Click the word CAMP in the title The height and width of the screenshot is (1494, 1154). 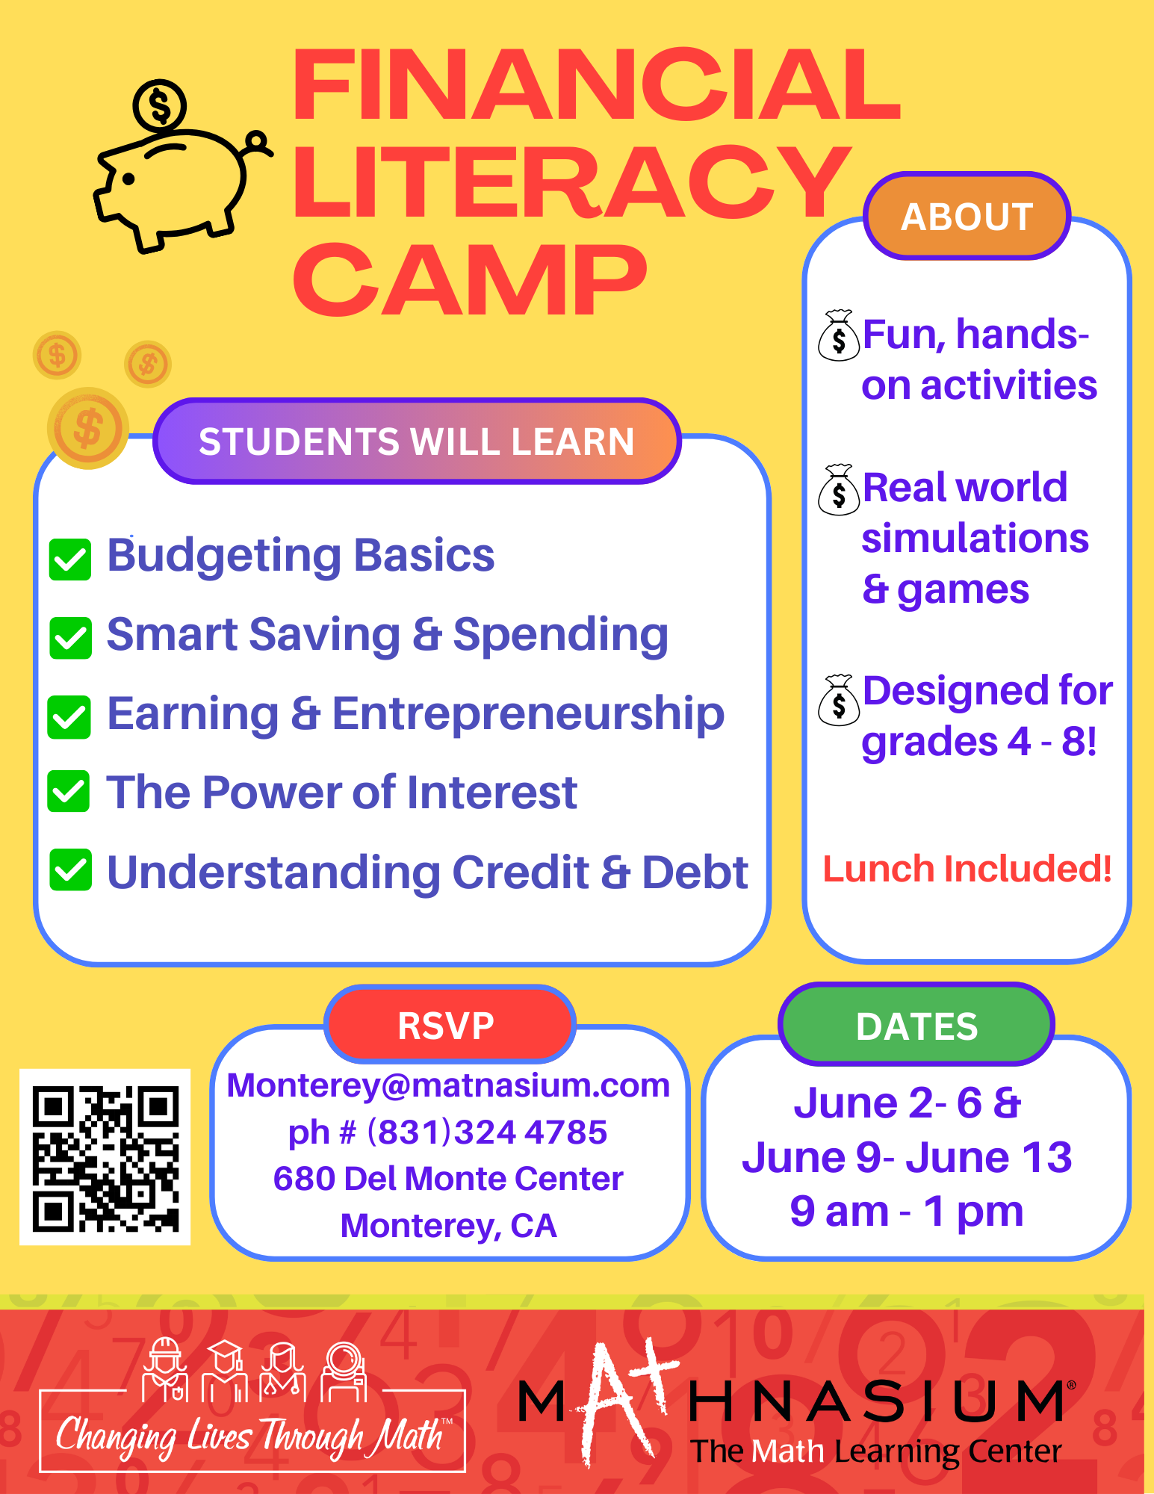[470, 281]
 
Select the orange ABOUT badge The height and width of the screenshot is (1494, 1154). [967, 217]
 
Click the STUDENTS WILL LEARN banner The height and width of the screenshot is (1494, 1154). [417, 441]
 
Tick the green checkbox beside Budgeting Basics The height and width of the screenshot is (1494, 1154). [70, 560]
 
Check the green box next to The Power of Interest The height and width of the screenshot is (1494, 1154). [69, 791]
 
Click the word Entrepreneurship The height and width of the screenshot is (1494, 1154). [528, 713]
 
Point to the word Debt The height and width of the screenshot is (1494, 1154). [695, 872]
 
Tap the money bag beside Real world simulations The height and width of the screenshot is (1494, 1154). [839, 489]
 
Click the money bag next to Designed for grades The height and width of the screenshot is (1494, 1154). [839, 699]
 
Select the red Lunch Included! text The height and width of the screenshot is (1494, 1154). [967, 869]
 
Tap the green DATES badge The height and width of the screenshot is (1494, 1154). [916, 1025]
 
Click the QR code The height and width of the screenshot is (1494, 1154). [105, 1157]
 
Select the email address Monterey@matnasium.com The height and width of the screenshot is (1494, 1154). [448, 1085]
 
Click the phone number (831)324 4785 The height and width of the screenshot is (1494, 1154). [487, 1132]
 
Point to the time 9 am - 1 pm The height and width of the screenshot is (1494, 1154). [907, 1211]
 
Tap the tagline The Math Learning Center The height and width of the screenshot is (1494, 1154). [876, 1451]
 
